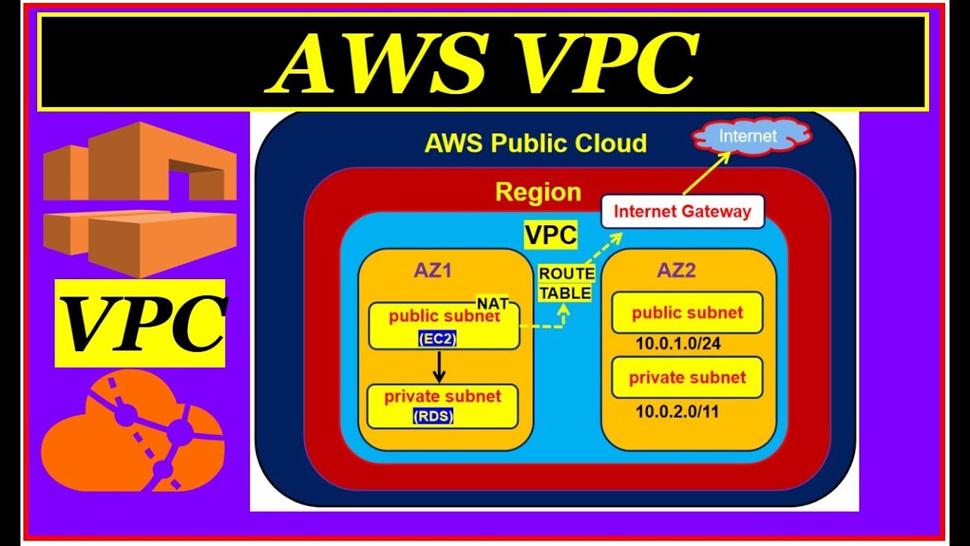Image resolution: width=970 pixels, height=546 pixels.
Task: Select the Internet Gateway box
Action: tap(682, 212)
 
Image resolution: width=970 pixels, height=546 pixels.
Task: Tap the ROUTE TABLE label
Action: tap(565, 284)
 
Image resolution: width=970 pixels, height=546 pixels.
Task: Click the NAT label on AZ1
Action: tap(493, 303)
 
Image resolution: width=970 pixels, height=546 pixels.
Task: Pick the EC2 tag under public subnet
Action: tap(437, 340)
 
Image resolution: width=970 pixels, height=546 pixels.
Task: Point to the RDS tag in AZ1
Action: tap(433, 416)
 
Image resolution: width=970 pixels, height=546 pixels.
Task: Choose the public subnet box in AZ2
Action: tap(687, 312)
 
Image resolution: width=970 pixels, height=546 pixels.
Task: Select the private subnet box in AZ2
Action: tap(687, 377)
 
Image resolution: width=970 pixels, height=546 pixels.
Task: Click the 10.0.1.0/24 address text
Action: tap(677, 344)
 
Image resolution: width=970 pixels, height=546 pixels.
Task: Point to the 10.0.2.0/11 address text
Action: tap(677, 412)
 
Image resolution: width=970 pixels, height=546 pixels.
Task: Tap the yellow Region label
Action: tap(538, 192)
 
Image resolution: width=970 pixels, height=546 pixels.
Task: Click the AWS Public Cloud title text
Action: tap(536, 143)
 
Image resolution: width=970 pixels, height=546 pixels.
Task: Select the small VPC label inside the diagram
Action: tap(551, 235)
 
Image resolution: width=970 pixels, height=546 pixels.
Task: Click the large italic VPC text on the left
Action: tap(140, 323)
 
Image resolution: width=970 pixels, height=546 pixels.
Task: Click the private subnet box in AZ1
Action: tap(443, 406)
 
